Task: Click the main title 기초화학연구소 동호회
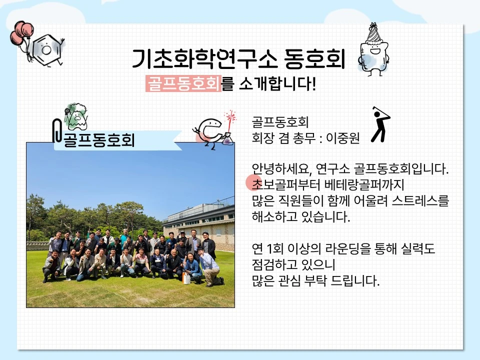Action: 238,59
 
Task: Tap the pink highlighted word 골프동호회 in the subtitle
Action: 183,83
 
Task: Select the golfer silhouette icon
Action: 380,124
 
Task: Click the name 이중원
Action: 343,138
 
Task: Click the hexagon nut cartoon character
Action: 47,50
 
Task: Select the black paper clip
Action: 57,130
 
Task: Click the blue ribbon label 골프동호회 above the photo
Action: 118,140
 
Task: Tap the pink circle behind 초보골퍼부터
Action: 254,183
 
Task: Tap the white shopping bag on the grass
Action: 186,278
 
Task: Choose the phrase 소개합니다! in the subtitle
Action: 277,83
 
